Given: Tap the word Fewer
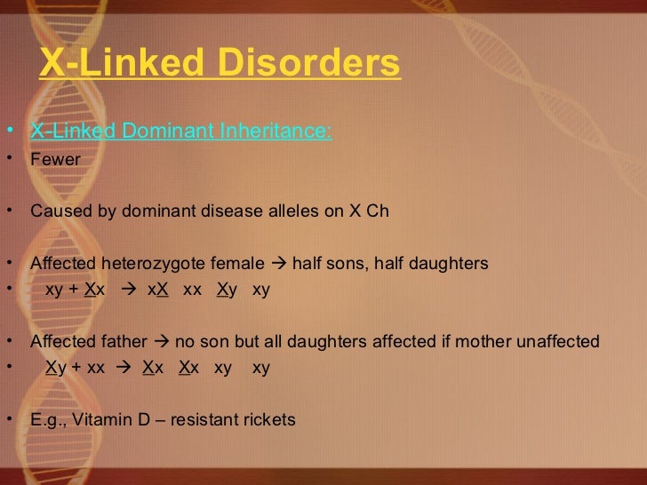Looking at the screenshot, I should click(55, 160).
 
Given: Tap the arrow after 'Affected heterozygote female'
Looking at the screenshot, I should click(280, 264).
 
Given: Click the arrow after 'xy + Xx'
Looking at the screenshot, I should click(126, 290).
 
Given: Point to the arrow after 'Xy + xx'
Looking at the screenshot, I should click(123, 367).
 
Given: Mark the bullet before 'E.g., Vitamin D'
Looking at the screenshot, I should click(9, 419).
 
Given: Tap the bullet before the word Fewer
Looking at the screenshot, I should click(9, 160).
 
